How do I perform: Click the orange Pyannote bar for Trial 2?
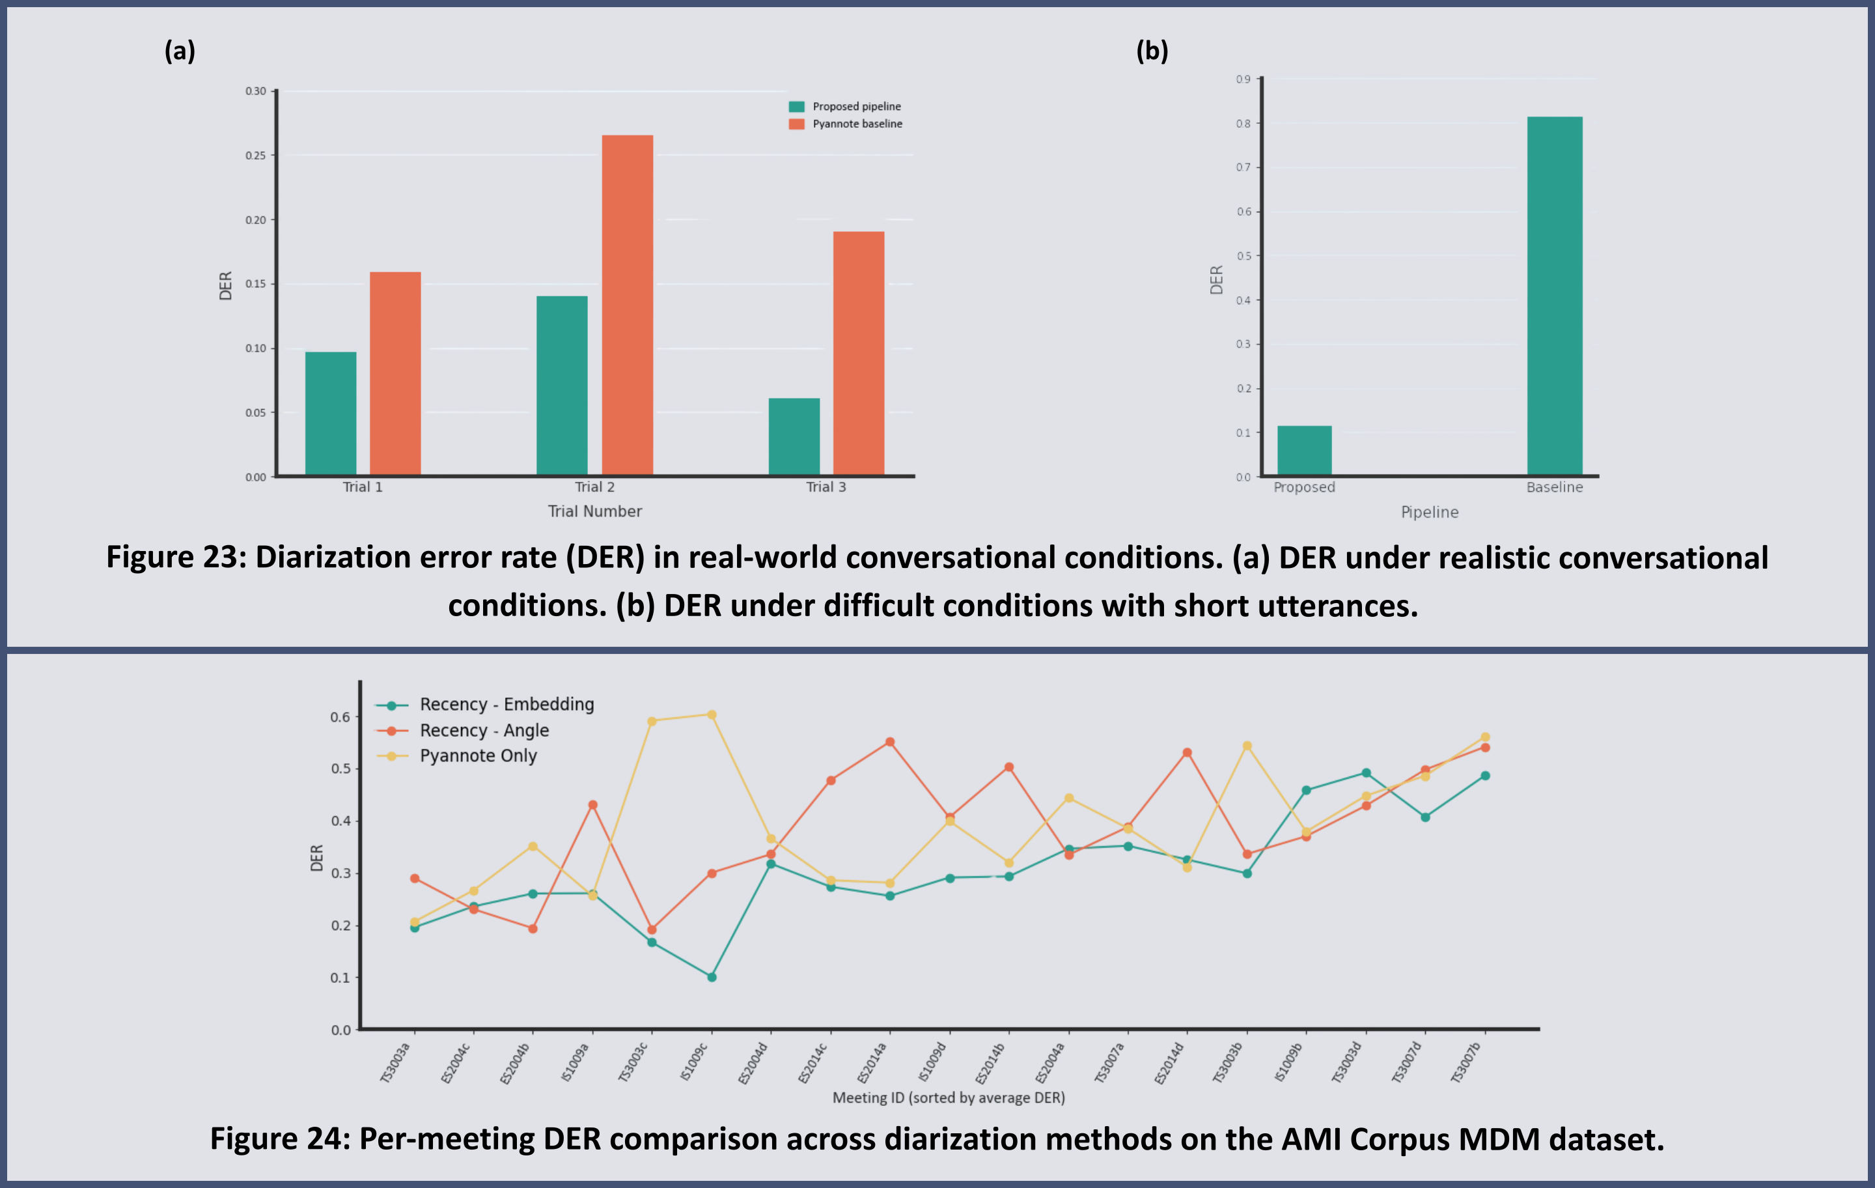628,305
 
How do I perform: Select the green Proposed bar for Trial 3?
794,436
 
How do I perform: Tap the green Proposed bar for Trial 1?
331,413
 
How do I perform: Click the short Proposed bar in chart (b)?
1304,450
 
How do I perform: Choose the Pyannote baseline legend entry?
846,124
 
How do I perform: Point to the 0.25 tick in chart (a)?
256,155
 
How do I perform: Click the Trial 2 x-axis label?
595,487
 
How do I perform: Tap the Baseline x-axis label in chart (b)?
1554,487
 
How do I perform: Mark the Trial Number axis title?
595,511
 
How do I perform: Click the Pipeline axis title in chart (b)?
1430,512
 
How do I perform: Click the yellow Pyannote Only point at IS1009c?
712,714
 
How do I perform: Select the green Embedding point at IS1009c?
712,977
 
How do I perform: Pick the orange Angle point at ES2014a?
890,742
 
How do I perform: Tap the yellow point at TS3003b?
1247,746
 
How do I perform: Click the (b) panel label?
1152,51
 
